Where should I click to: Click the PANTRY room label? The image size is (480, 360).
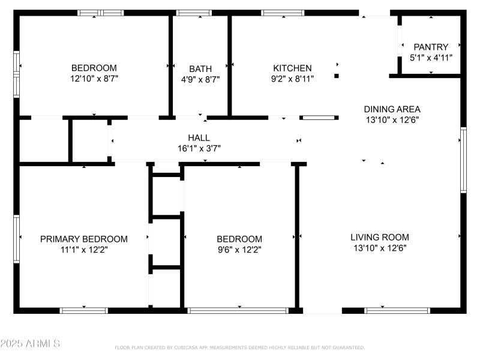point(431,47)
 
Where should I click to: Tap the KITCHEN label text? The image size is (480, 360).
point(292,68)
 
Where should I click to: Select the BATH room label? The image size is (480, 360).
point(200,68)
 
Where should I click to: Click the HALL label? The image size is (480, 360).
point(199,138)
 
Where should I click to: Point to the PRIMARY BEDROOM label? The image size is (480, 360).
point(84,239)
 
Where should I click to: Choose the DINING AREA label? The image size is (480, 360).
point(392,109)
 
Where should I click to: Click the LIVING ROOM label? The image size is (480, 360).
point(380,237)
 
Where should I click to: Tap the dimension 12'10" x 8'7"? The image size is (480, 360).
point(94,78)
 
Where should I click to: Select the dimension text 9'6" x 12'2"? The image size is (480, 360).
point(239,249)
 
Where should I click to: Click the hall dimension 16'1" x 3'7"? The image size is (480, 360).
point(199,148)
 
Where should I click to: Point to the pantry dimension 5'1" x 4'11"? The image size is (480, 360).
point(431,57)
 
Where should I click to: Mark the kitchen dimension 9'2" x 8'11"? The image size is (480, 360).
point(292,78)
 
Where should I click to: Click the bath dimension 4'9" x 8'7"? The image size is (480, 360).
point(200,79)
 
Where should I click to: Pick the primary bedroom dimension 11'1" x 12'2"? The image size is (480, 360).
point(84,249)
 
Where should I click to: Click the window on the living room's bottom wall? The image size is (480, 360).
point(398,310)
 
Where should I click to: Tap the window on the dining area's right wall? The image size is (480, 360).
point(463,160)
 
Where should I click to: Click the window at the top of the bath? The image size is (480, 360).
point(194,13)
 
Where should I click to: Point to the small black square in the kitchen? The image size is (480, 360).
point(337,76)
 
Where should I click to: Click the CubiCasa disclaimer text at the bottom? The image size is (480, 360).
point(239,347)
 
